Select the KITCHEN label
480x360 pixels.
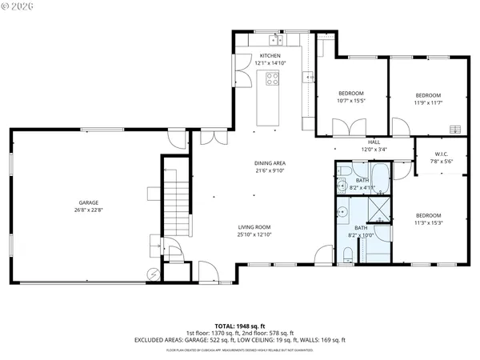click(x=269, y=55)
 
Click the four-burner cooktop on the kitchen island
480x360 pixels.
click(x=272, y=78)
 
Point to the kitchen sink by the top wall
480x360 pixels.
click(x=277, y=38)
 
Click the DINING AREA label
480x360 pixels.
click(x=270, y=162)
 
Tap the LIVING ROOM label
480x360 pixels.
click(x=254, y=226)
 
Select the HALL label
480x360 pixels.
click(x=373, y=142)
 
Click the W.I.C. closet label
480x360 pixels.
click(x=441, y=154)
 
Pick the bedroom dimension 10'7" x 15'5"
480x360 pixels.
click(x=350, y=101)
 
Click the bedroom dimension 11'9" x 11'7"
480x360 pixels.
click(x=428, y=102)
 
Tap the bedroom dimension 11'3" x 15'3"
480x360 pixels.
click(x=428, y=223)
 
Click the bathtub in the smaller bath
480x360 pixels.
click(x=380, y=179)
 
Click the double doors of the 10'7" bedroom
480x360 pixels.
click(x=349, y=127)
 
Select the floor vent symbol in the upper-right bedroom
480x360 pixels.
click(x=456, y=128)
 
